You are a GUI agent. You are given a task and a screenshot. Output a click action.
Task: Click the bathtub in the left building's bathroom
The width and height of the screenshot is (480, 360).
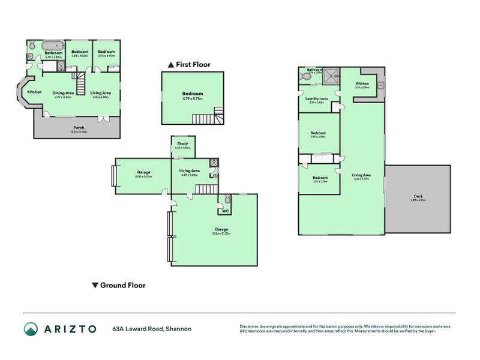click(51, 45)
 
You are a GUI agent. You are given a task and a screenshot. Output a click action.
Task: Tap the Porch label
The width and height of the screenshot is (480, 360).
click(79, 127)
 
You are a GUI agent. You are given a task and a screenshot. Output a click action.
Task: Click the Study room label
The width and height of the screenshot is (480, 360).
click(182, 143)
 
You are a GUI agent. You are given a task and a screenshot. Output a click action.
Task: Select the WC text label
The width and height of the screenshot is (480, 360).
click(225, 211)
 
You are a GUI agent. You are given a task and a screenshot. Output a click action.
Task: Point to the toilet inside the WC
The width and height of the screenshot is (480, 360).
click(227, 199)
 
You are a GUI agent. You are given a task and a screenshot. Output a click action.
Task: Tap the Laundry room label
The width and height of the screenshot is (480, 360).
click(316, 98)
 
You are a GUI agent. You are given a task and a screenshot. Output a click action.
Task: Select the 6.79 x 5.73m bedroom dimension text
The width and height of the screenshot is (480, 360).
click(193, 99)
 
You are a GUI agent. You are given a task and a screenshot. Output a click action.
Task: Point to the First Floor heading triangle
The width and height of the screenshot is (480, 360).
click(171, 64)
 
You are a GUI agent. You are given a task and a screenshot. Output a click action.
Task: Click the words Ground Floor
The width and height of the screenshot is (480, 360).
click(122, 286)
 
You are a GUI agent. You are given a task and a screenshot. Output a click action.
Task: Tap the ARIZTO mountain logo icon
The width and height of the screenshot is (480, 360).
click(30, 329)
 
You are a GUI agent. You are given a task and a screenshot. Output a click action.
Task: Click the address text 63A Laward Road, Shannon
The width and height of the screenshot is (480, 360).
click(152, 329)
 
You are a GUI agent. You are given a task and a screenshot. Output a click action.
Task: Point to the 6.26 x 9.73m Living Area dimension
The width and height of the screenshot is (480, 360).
click(362, 179)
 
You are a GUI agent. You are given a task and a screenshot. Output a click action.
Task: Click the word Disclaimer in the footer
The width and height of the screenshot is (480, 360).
click(250, 326)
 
